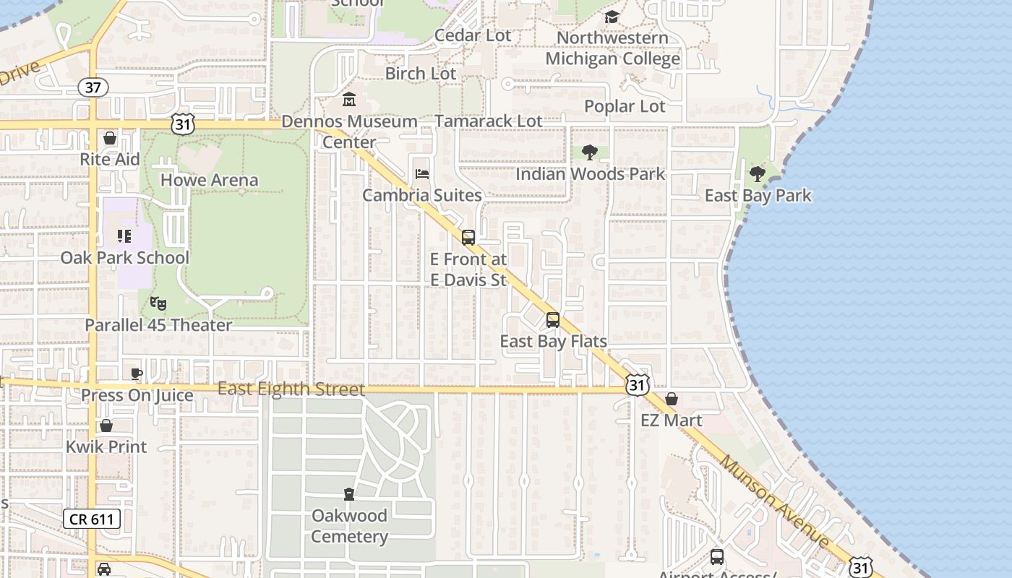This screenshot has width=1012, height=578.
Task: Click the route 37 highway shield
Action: click(x=93, y=87)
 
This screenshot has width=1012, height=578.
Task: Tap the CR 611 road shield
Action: click(x=91, y=518)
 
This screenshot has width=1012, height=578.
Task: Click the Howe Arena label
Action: click(x=209, y=180)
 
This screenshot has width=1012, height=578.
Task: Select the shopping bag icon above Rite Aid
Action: click(x=110, y=137)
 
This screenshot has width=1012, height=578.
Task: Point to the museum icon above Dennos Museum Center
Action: click(x=349, y=99)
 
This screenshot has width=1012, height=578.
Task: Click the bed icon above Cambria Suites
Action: click(x=422, y=174)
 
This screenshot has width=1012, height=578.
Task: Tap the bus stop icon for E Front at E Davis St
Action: click(x=468, y=237)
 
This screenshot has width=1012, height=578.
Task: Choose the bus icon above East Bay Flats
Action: click(x=553, y=319)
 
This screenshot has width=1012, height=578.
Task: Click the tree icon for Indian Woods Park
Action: click(x=590, y=152)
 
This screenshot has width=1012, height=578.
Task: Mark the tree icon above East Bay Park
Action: click(x=758, y=173)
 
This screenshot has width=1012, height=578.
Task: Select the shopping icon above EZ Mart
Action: click(x=672, y=399)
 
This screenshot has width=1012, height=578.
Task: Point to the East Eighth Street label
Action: click(x=291, y=389)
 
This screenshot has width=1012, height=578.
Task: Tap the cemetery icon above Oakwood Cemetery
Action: click(x=349, y=494)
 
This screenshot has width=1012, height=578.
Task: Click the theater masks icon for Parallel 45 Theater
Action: click(x=158, y=303)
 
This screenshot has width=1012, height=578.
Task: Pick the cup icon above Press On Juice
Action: click(x=137, y=374)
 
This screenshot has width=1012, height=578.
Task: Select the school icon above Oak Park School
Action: click(x=124, y=236)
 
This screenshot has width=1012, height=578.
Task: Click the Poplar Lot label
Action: click(x=625, y=106)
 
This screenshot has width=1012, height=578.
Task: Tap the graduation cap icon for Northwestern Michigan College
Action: click(x=612, y=17)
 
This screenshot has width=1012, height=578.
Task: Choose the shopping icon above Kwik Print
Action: click(x=106, y=426)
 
